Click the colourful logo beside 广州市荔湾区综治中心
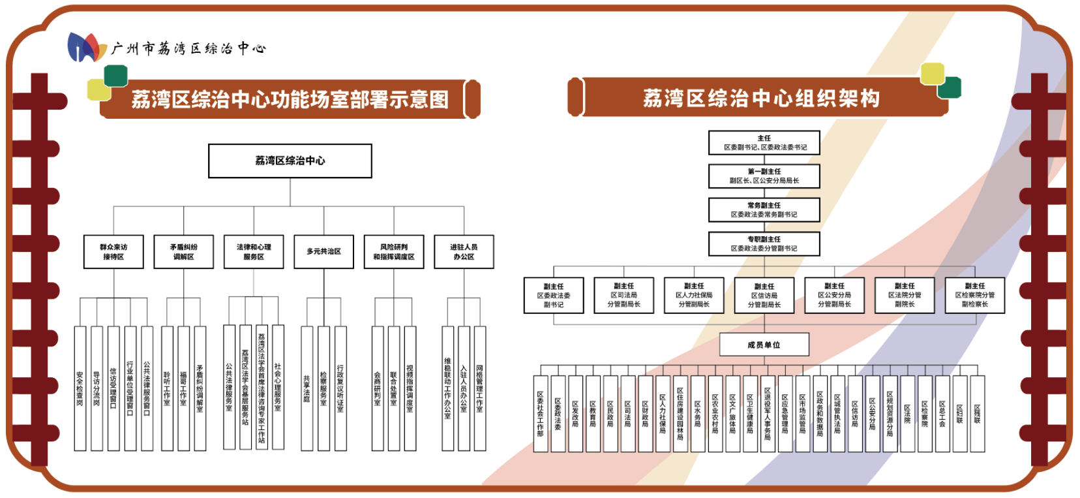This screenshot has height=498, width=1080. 87,48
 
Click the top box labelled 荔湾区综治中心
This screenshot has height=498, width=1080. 290,161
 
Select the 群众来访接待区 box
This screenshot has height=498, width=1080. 113,252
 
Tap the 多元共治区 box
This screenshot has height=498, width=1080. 324,252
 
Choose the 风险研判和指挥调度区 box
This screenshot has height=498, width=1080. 394,252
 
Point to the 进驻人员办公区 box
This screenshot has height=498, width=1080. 464,252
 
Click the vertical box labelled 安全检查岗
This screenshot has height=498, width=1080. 80,388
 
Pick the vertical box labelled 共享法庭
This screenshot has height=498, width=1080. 307,388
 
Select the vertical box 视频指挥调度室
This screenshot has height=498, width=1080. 410,388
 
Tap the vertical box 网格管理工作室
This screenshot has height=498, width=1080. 479,388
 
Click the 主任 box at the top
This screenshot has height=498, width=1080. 764,142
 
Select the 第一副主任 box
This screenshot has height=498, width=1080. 764,176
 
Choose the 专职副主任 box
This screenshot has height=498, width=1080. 764,243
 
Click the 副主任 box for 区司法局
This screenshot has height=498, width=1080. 623,295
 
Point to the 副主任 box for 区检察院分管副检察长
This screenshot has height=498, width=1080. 974,295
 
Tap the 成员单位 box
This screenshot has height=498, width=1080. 764,345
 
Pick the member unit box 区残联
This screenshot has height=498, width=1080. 977,414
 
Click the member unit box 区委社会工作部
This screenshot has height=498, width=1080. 540,414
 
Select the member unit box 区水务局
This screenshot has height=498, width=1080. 697,414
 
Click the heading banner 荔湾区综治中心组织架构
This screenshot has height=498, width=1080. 761,98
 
